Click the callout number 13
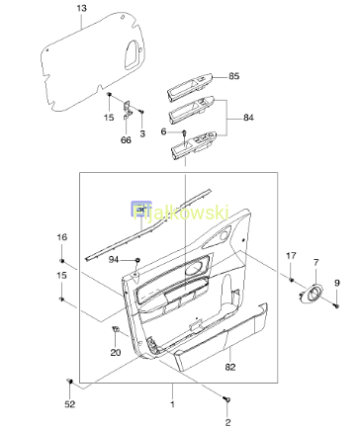tap(82, 8)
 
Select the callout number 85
tap(233, 76)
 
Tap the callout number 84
tap(248, 118)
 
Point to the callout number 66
tap(126, 140)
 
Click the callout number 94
tap(114, 260)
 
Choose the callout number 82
tap(230, 367)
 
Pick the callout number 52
tap(70, 404)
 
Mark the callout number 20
tap(116, 353)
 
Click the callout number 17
tap(291, 255)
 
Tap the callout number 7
tap(316, 263)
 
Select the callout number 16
tap(61, 237)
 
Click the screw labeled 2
tap(227, 399)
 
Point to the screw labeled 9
tap(337, 305)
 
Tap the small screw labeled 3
tap(141, 112)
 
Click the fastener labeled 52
tap(69, 382)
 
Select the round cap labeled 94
tap(137, 260)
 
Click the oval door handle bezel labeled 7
tap(312, 293)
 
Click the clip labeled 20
tap(115, 328)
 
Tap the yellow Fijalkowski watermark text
tap(181, 213)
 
